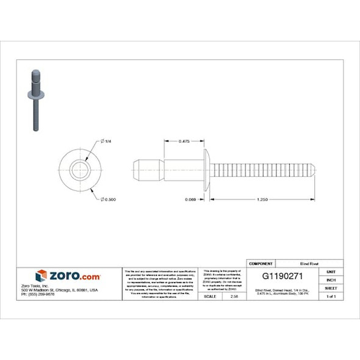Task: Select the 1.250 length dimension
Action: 262,200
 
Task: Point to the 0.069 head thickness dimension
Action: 191,200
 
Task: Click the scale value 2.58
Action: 234,296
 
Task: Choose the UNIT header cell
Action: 331,271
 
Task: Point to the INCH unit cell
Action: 331,279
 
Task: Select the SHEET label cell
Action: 331,287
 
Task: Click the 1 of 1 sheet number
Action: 331,296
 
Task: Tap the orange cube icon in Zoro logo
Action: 41,276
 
